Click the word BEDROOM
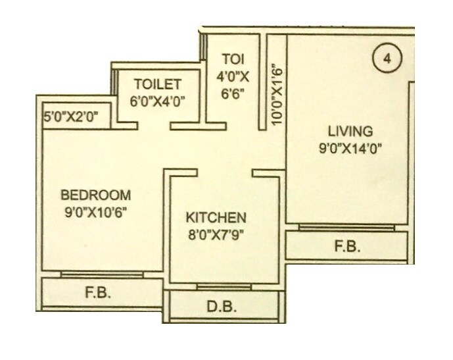96,195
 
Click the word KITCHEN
216,217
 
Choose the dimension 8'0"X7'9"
216,233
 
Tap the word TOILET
158,84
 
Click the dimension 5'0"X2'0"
70,118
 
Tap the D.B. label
217,307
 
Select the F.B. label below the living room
346,248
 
